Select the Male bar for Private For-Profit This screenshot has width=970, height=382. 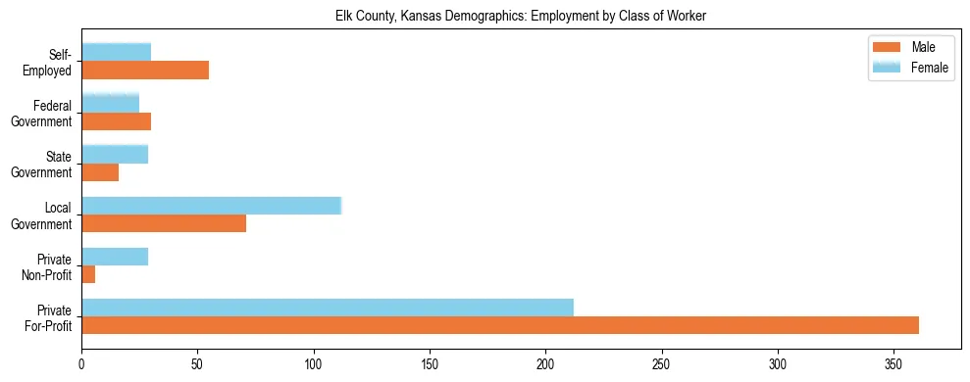pos(500,325)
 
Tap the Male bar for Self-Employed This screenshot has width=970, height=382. pos(145,70)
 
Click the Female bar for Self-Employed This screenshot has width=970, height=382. pos(117,52)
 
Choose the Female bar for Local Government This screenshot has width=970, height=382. pos(211,205)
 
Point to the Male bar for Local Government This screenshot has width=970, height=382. pos(164,222)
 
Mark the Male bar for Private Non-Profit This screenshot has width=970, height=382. pos(88,274)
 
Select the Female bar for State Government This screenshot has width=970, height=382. pos(115,154)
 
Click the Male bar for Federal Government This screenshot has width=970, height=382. pos(117,120)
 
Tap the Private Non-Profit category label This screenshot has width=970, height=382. pos(48,266)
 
